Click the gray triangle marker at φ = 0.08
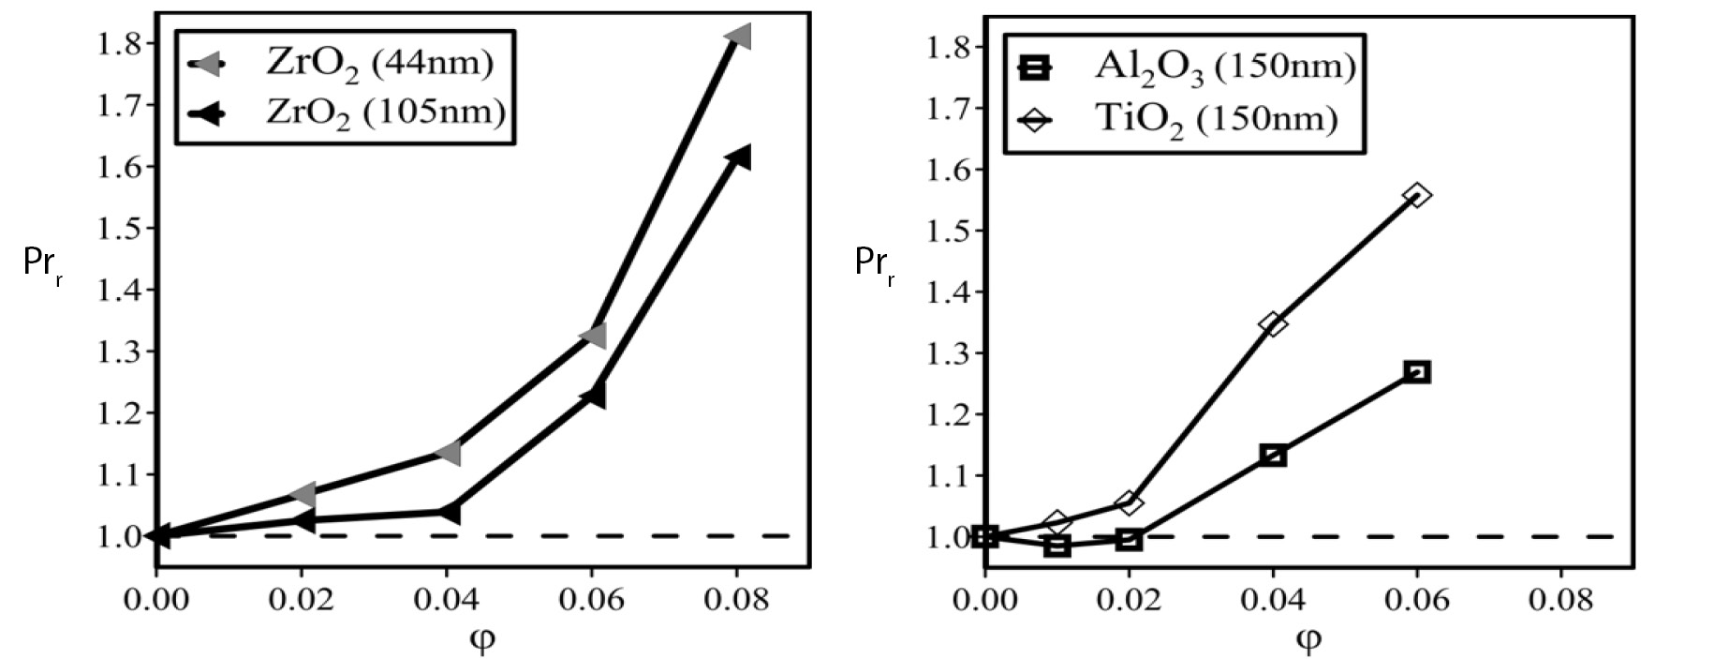point(739,37)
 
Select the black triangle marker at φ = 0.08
point(739,157)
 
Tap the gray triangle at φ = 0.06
point(594,335)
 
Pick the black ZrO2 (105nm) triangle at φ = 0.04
point(449,512)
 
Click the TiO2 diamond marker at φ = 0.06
point(1417,195)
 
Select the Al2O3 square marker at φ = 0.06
point(1417,372)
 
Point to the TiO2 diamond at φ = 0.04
point(1273,323)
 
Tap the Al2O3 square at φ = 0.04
point(1273,456)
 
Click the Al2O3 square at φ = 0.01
point(1057,546)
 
